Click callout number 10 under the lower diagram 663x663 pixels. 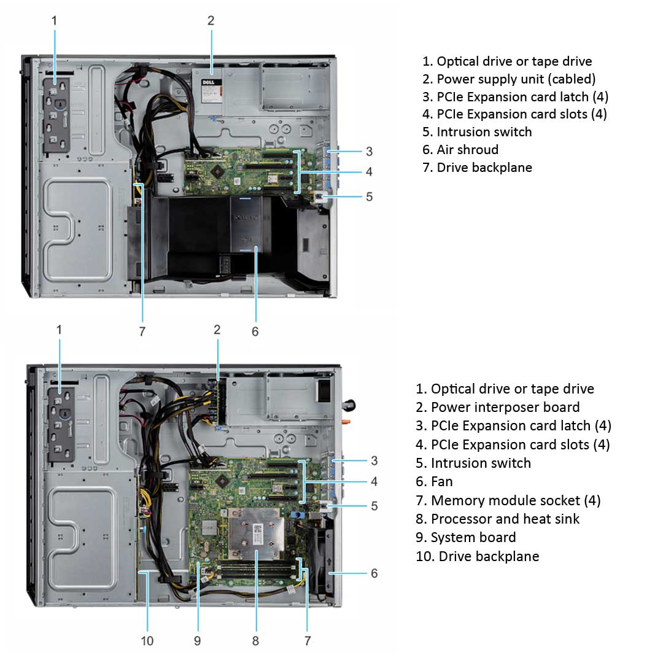147,641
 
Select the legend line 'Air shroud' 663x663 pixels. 467,149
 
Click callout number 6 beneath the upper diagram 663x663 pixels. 255,331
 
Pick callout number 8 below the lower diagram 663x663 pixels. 255,641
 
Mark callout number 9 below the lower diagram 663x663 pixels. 197,641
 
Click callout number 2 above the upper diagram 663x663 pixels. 211,20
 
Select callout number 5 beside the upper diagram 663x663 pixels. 369,196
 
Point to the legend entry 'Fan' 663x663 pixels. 442,481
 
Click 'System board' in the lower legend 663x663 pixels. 473,537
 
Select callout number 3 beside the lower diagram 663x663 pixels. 374,460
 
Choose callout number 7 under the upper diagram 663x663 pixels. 142,331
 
